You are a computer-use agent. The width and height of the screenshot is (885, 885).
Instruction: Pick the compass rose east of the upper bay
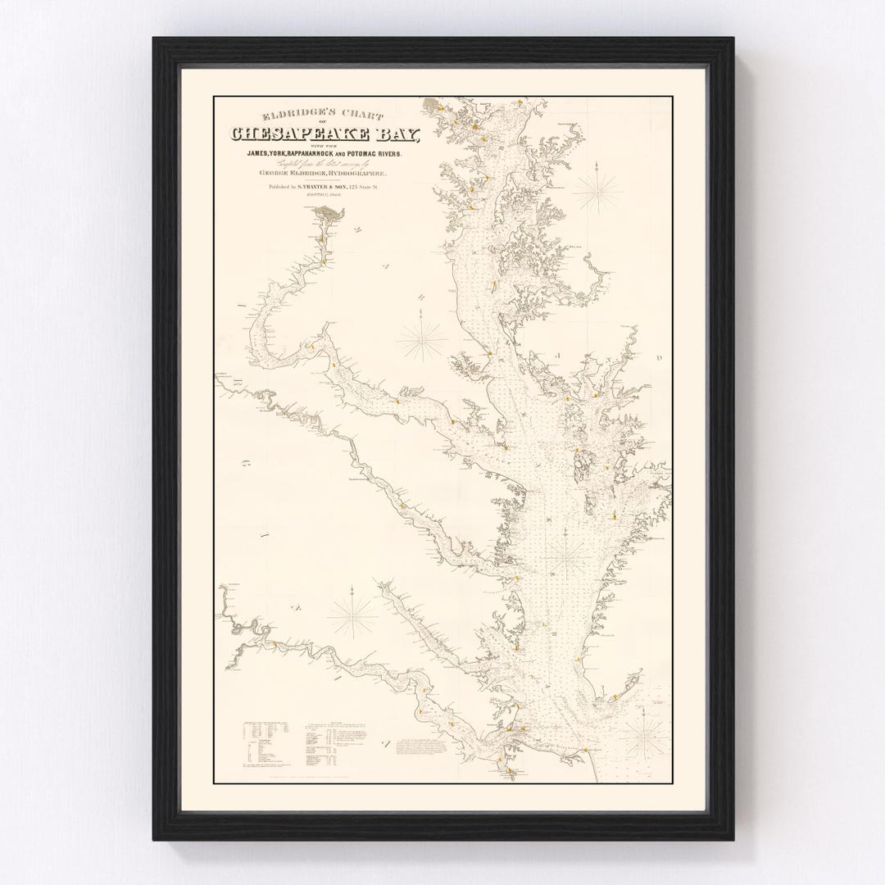tap(597, 191)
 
